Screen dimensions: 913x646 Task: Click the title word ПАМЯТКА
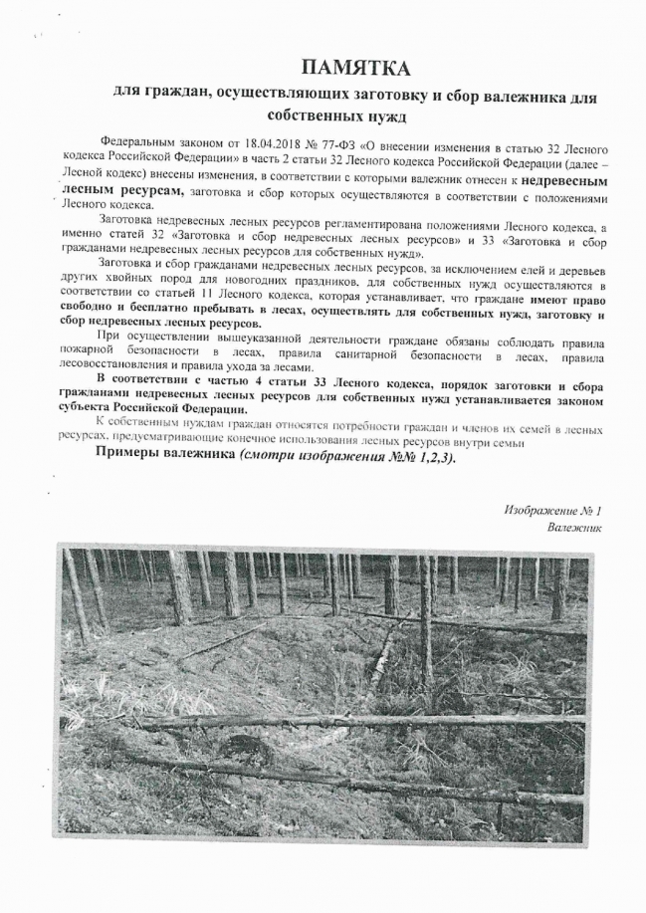tap(354, 68)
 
